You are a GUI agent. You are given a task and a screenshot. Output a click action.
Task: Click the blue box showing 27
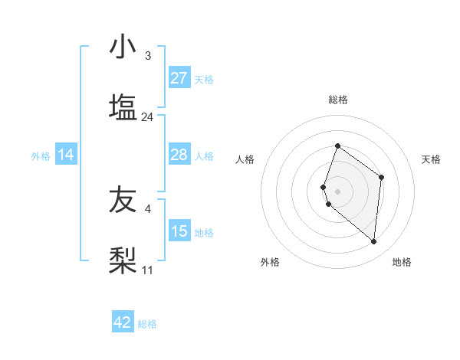coord(179,78)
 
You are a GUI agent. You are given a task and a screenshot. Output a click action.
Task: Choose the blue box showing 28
coord(179,155)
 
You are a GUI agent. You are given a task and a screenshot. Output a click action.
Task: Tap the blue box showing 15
coord(179,231)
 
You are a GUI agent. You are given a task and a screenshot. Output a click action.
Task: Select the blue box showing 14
coord(66,155)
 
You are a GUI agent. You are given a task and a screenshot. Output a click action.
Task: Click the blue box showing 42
coord(123,322)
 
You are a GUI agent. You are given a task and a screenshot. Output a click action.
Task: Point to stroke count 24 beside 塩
coord(148,117)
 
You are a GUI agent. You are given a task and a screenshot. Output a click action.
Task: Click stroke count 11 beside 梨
coord(148,270)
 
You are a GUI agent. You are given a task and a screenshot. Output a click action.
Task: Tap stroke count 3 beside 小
coord(148,56)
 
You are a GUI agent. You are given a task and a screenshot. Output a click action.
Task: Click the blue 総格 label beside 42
coord(147,324)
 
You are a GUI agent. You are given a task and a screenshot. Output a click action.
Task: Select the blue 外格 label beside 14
coord(41,156)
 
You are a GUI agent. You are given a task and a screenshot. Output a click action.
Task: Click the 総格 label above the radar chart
coord(338,100)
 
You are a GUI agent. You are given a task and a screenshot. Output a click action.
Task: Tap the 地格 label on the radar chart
coord(402,262)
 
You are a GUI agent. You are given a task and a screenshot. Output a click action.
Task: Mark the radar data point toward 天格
coord(381,177)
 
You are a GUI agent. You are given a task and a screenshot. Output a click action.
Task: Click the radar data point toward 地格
coord(373,241)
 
